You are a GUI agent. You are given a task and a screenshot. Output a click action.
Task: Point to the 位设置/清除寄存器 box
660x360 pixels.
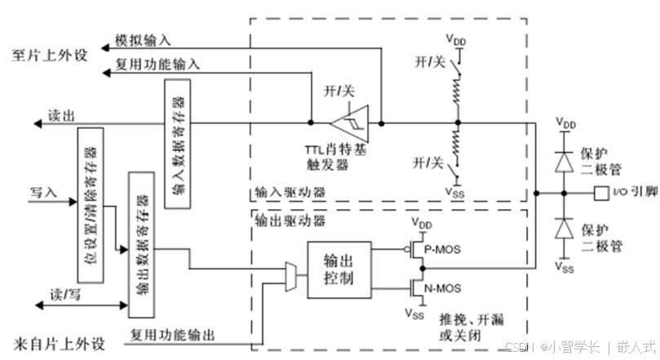pos(91,205)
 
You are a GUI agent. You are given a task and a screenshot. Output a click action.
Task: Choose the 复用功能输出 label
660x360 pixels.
pos(173,334)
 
